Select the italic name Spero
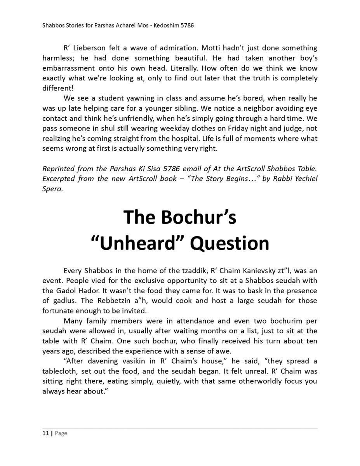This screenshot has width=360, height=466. coord(52,189)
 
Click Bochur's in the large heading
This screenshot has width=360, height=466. coord(198,217)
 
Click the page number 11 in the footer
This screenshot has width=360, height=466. coord(45,433)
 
